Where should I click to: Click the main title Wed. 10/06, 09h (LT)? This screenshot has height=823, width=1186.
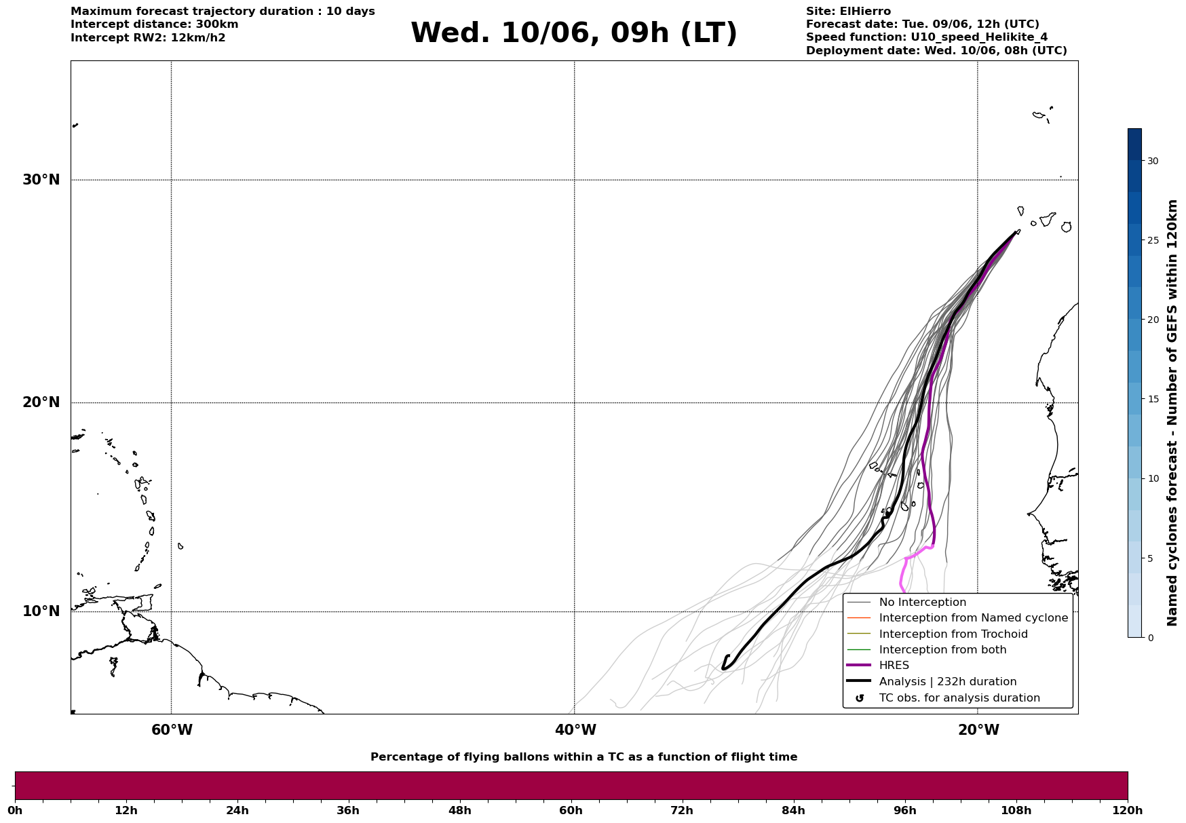click(573, 33)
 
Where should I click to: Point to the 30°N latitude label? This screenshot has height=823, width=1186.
click(41, 180)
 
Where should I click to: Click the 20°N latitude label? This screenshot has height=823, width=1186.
click(41, 402)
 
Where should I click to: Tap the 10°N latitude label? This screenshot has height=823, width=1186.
click(41, 611)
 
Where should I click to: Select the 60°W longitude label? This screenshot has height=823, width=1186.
click(172, 730)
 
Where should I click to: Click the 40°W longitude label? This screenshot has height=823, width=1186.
click(575, 730)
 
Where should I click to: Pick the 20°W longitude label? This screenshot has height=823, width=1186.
click(978, 730)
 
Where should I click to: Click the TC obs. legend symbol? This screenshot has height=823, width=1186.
click(860, 698)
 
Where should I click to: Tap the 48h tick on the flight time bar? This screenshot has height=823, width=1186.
click(459, 810)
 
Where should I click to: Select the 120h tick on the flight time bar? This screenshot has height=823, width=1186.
click(1128, 810)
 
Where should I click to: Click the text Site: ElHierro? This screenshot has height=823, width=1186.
click(848, 12)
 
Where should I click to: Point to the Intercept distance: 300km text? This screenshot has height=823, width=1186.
click(155, 24)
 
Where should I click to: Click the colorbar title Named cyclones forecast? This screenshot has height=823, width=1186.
click(1172, 413)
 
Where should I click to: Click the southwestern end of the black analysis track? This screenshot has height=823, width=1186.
click(723, 668)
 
